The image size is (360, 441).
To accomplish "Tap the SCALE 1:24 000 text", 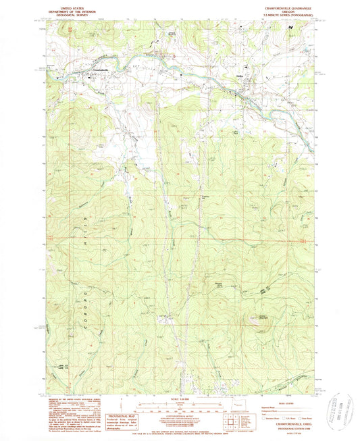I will pyautogui.click(x=180, y=400).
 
